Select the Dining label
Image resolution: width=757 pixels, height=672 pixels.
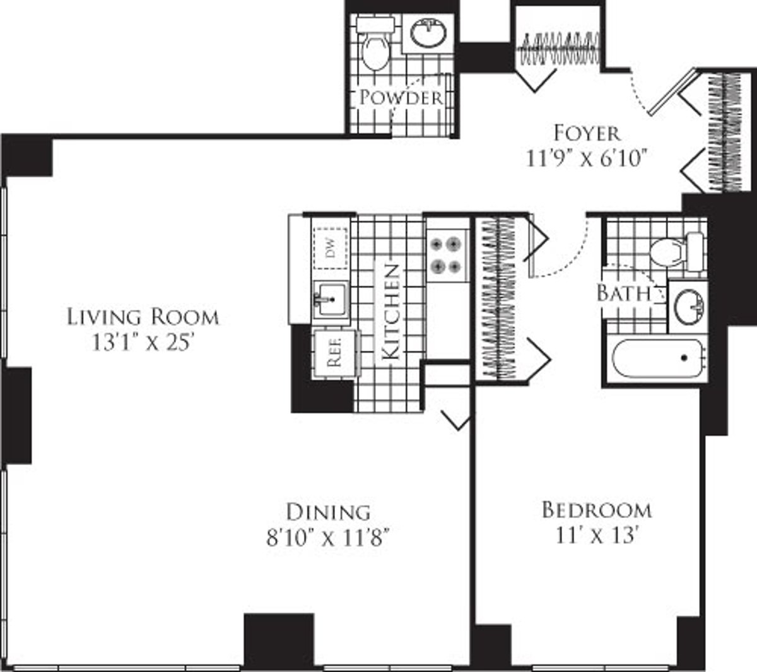(x=328, y=511)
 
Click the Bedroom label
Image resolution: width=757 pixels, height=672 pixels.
(x=597, y=509)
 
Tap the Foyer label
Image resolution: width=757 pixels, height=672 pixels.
(x=587, y=133)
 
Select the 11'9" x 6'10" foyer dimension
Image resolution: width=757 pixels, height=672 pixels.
(x=587, y=158)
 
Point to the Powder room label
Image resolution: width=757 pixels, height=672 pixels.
(x=401, y=98)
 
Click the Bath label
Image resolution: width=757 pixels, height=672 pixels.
(x=623, y=293)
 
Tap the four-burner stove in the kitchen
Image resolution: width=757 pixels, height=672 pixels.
(x=446, y=255)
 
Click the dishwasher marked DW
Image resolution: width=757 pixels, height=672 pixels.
(x=330, y=244)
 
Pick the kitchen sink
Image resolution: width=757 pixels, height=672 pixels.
(x=330, y=299)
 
